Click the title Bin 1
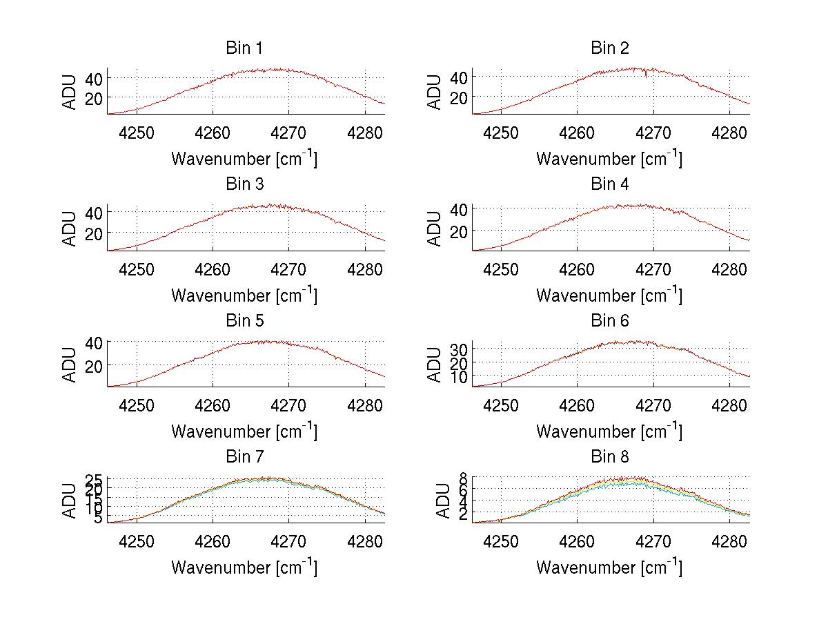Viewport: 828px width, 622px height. tap(244, 48)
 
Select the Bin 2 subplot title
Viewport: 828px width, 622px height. tap(609, 48)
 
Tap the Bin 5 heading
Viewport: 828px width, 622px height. tap(244, 320)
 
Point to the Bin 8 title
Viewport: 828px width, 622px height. tap(609, 456)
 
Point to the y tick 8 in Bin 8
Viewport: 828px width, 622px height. tap(464, 478)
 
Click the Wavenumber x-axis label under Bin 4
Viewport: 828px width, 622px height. tap(609, 295)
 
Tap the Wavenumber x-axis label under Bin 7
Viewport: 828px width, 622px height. tap(244, 567)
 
